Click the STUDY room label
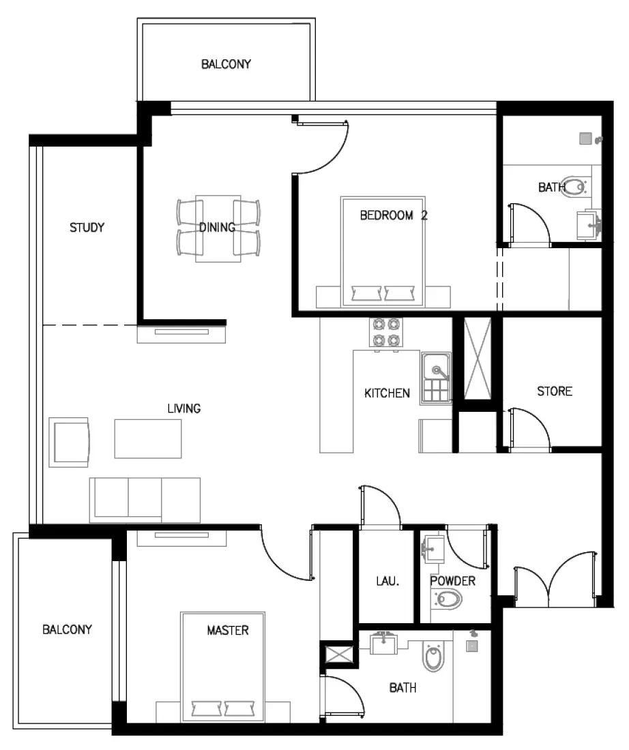point(87,228)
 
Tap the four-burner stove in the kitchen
point(383,333)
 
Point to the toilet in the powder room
point(447,600)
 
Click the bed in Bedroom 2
point(383,252)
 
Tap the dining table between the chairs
point(218,228)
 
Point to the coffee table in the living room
point(148,438)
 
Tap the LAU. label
point(387,582)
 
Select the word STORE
point(554,391)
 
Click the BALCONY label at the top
point(226,65)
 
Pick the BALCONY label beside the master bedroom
point(67,629)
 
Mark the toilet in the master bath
point(434,659)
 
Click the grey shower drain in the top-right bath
point(585,138)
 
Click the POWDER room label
point(452,582)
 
